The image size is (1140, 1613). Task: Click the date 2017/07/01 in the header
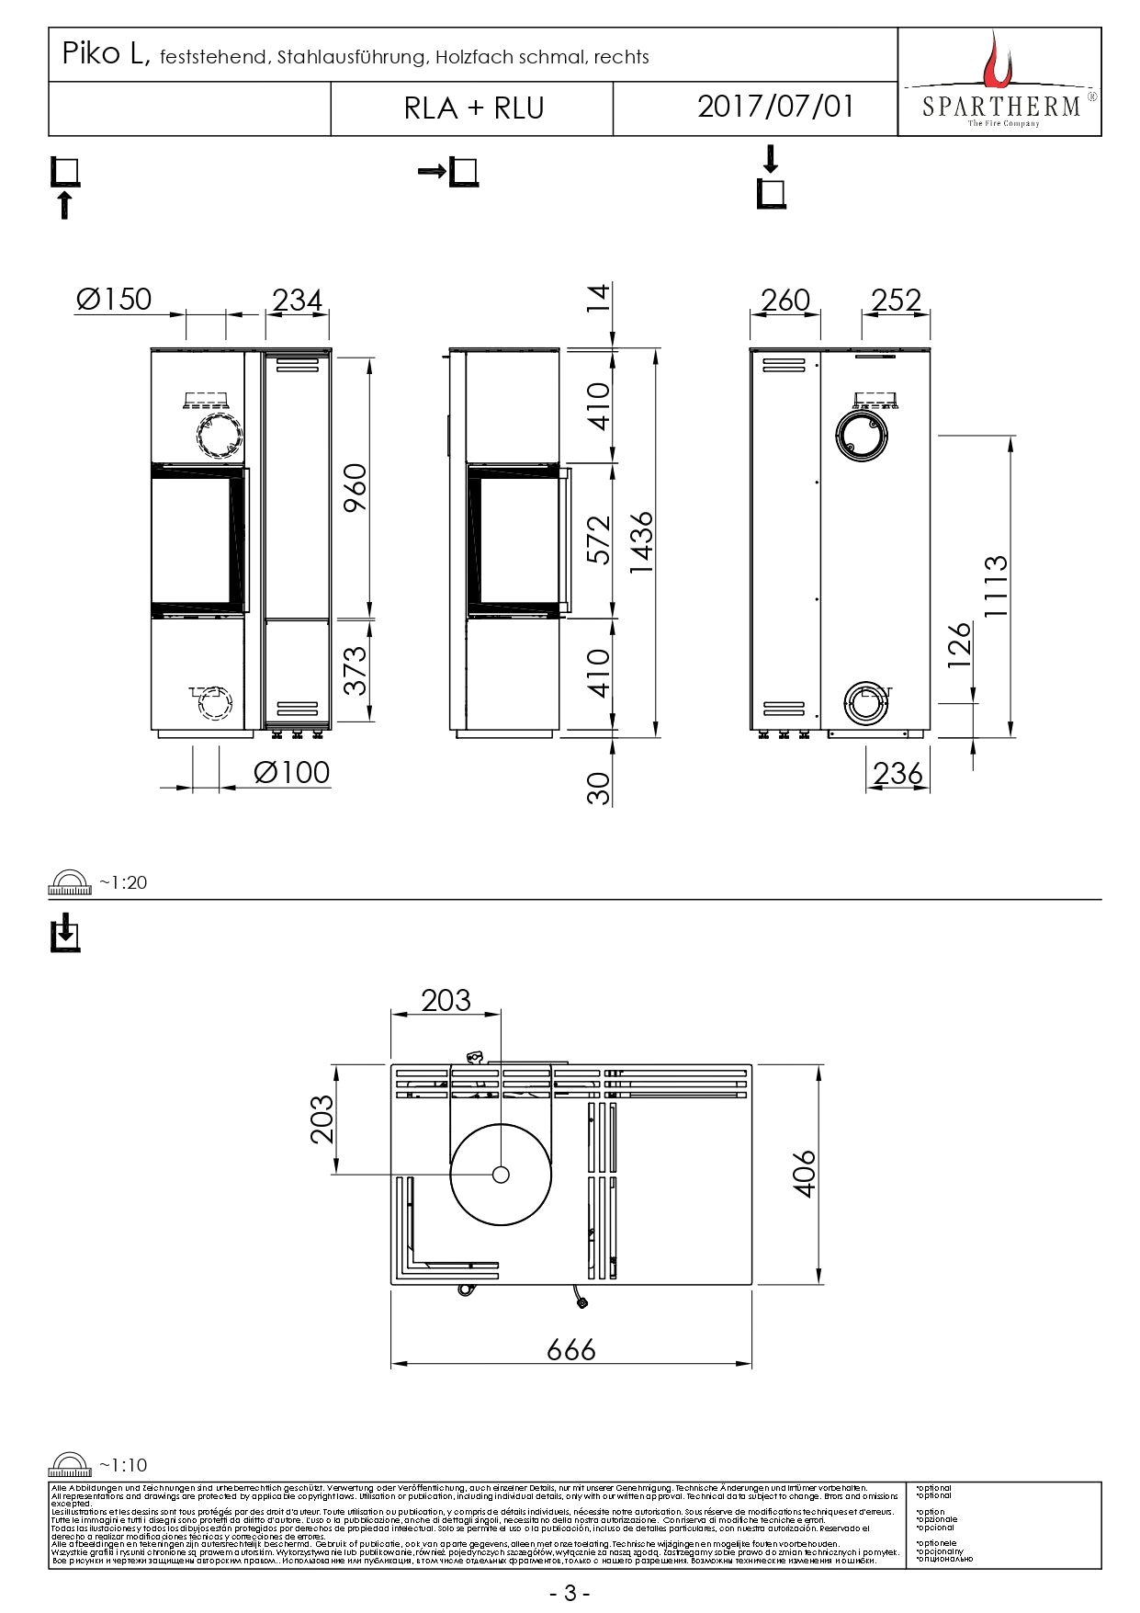point(775,107)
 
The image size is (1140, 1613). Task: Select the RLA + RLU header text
point(474,108)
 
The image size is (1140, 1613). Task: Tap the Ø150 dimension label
point(114,300)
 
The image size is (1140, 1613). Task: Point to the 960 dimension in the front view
point(355,488)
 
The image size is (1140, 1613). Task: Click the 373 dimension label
point(355,670)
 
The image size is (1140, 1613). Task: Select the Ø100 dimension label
point(291,772)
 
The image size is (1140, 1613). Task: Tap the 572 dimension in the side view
point(598,540)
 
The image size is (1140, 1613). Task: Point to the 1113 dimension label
point(996,585)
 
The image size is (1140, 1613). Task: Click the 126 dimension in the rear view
point(958,645)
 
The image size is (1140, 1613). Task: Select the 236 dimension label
point(897,774)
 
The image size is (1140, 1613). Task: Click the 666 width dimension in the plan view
point(570,1349)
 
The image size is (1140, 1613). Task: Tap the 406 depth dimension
point(804,1173)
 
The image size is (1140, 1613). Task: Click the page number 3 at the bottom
point(570,1593)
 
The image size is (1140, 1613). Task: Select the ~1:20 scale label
point(123,882)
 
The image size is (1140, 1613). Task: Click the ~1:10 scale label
point(123,1465)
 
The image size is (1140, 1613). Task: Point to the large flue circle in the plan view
point(501,1174)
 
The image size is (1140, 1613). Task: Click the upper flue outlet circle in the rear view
point(862,433)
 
